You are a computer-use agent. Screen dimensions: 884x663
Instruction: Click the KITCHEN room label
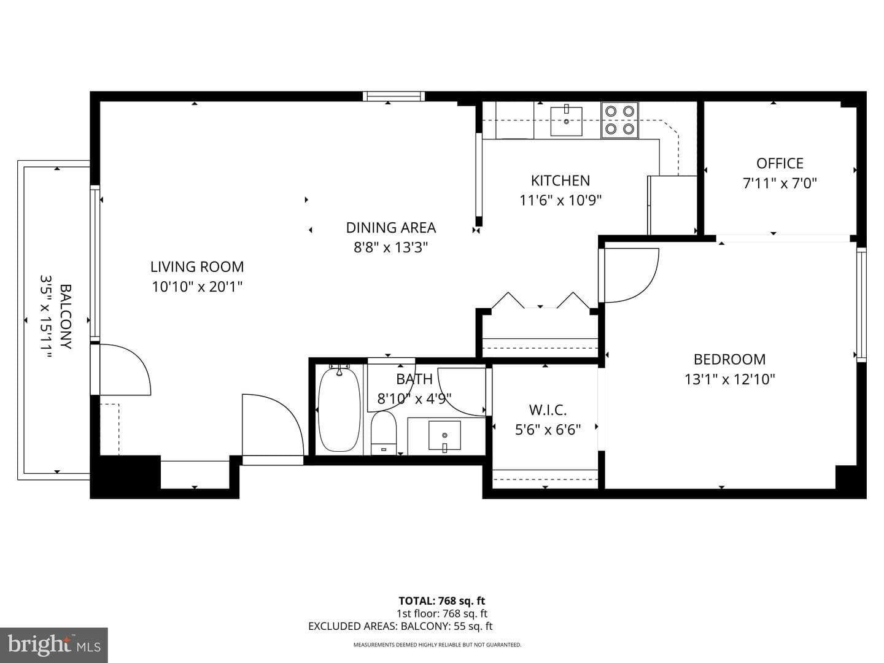click(560, 180)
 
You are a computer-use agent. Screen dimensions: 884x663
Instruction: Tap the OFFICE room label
click(780, 163)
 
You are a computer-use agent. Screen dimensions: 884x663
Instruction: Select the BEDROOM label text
click(729, 359)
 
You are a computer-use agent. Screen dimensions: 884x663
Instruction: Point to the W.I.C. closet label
click(548, 410)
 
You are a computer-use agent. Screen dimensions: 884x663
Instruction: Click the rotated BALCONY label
click(66, 316)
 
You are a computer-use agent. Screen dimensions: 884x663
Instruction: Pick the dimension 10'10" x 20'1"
click(197, 287)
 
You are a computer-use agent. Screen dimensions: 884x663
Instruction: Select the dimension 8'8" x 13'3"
click(390, 247)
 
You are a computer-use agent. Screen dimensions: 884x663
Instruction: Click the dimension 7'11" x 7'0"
click(780, 184)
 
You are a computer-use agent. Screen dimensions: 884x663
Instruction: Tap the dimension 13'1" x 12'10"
click(730, 379)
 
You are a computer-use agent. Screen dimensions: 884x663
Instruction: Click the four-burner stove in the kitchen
click(620, 120)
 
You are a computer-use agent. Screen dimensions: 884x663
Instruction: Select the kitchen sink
click(566, 121)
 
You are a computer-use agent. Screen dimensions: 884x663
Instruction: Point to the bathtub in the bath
click(339, 409)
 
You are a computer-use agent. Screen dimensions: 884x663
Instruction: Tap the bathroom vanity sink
click(444, 436)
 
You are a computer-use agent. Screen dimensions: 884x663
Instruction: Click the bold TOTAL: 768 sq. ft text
click(442, 601)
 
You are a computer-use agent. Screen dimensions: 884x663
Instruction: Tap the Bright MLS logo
click(53, 645)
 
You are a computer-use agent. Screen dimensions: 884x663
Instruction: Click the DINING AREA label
click(390, 227)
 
